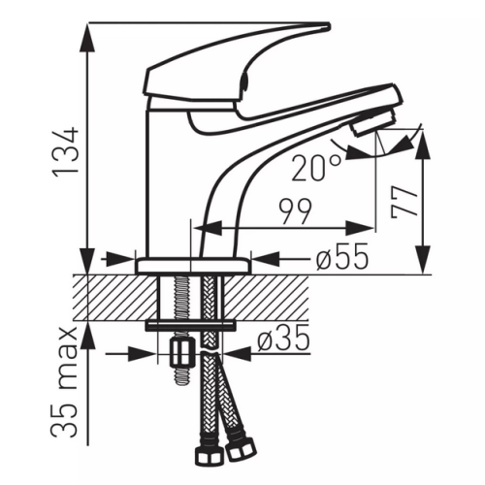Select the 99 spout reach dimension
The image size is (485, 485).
coord(296,211)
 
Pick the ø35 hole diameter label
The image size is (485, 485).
coord(283,339)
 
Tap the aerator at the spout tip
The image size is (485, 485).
coord(375,122)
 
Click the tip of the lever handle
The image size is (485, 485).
coord(329,26)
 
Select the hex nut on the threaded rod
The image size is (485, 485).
coord(182,354)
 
